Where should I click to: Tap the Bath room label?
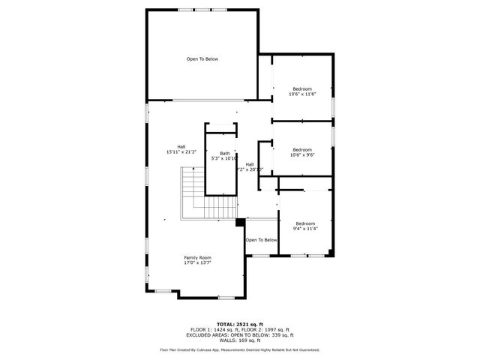point(225,153)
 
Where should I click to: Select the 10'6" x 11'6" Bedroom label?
point(302,91)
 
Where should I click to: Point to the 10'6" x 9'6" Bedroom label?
point(302,151)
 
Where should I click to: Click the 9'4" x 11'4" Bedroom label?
point(305,226)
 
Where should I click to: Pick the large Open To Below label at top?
point(202,58)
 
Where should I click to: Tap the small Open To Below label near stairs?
point(261,240)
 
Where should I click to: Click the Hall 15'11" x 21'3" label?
point(181,149)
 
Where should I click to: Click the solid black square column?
point(239,221)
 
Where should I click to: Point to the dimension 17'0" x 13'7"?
point(197,263)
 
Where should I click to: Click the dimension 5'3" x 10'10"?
point(225,158)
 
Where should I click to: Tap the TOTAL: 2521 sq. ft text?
point(239,323)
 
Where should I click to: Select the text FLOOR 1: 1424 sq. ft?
point(214,329)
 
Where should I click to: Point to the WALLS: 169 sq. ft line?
point(239,340)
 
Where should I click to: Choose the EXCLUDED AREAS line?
point(239,335)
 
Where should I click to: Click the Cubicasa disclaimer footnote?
point(239,349)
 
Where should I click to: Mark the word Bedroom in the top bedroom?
point(302,88)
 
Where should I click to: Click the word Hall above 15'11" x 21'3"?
point(181,146)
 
